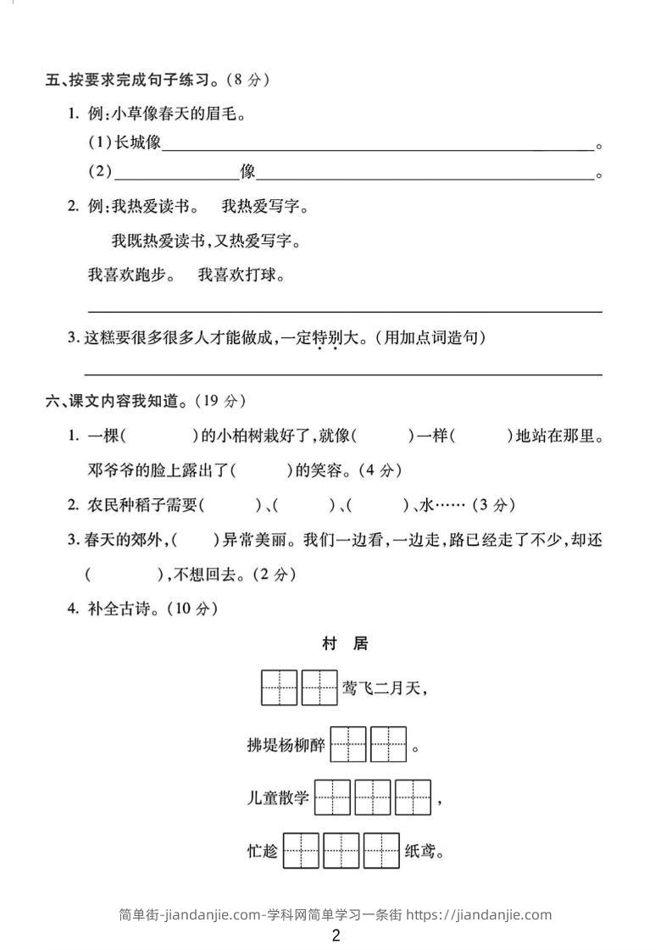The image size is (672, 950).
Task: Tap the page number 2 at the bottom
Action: pos(336,936)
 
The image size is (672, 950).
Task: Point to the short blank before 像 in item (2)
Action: pos(176,174)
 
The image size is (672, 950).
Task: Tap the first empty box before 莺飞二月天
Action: pos(279,688)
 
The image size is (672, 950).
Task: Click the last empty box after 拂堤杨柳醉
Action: pos(389,746)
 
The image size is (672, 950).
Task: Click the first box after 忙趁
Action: pos(301,851)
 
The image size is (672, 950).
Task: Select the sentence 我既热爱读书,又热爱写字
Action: pos(206,242)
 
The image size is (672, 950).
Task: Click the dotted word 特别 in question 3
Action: pos(326,338)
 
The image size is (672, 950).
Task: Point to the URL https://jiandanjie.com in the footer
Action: pos(479,914)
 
